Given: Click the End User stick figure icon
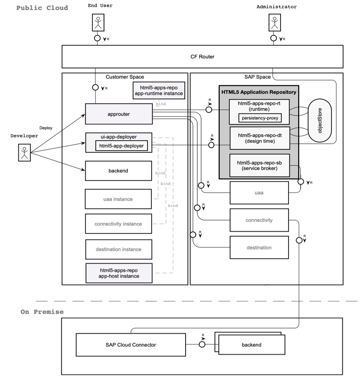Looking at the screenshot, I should [x=98, y=22].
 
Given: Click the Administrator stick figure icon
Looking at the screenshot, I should [x=273, y=22].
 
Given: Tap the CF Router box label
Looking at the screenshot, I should [x=202, y=57].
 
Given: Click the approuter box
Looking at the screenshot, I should [x=119, y=113].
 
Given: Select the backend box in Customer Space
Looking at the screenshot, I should [x=119, y=171].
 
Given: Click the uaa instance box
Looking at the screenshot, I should [x=119, y=199].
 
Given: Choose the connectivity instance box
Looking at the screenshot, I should [x=119, y=224].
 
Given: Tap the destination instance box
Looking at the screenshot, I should [x=119, y=250].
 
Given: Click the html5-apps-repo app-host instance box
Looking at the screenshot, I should [x=119, y=273].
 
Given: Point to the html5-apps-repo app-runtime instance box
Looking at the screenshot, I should [x=159, y=90].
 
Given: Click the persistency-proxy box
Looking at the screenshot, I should [x=260, y=118].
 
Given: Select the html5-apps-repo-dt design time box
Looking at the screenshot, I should [x=260, y=138].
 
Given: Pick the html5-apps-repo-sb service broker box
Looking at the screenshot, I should [x=260, y=165].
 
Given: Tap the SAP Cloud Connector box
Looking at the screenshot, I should [x=130, y=345].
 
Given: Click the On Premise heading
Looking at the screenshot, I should [x=42, y=312].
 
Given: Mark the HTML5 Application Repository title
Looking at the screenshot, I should [x=259, y=92].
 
